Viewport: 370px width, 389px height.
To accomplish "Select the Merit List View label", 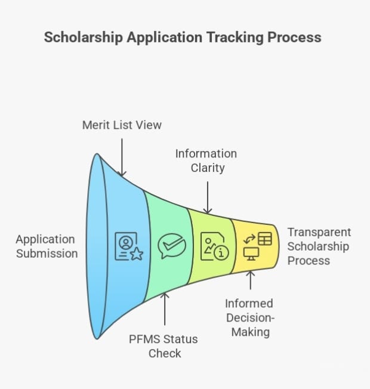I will click(121, 125).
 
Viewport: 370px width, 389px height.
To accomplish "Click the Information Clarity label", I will click(206, 160).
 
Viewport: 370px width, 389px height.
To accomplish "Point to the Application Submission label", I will click(47, 246).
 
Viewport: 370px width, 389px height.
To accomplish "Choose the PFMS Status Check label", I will click(164, 346).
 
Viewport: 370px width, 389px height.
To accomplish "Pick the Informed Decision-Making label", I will click(249, 317).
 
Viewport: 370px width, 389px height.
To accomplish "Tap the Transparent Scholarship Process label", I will click(319, 246).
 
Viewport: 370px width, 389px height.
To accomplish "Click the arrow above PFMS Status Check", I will click(165, 310).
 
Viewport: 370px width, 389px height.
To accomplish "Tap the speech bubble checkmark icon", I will click(172, 246).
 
